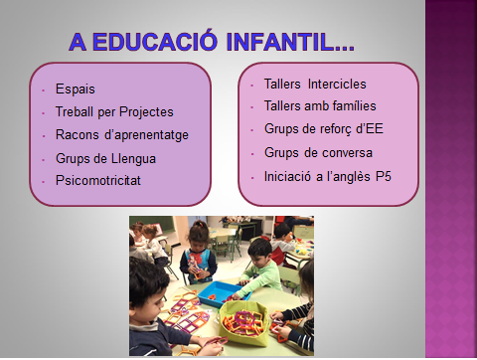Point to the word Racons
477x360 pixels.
click(79, 135)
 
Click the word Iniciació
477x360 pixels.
click(289, 175)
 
